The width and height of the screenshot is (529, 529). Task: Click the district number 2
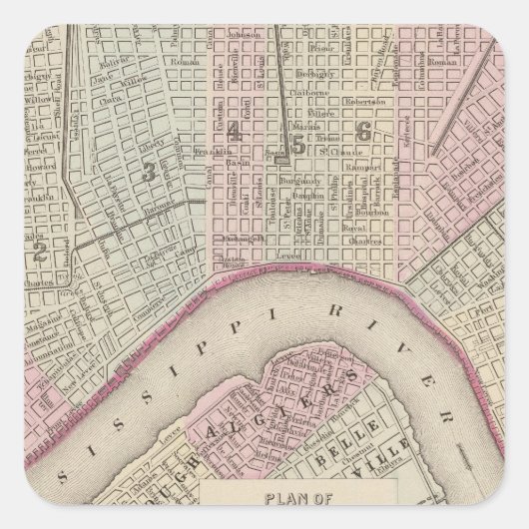click(41, 223)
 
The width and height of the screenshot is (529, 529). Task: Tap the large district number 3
click(149, 172)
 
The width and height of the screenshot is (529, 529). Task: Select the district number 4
click(233, 130)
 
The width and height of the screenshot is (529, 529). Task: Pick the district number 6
click(363, 130)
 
